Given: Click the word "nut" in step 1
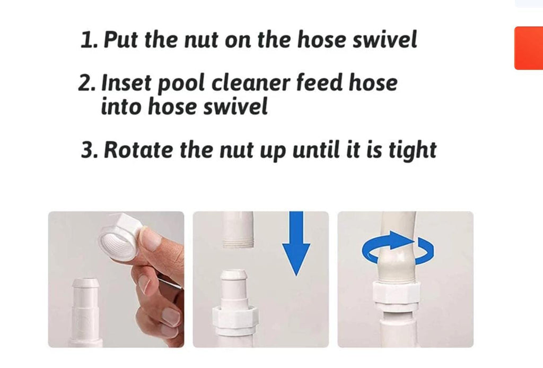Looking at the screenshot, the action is click(200, 39).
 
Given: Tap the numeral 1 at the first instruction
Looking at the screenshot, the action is click(87, 40).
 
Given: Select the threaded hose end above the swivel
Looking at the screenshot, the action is click(238, 230).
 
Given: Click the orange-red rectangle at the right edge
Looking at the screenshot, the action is click(529, 48).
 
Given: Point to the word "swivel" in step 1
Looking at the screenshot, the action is click(384, 39).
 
